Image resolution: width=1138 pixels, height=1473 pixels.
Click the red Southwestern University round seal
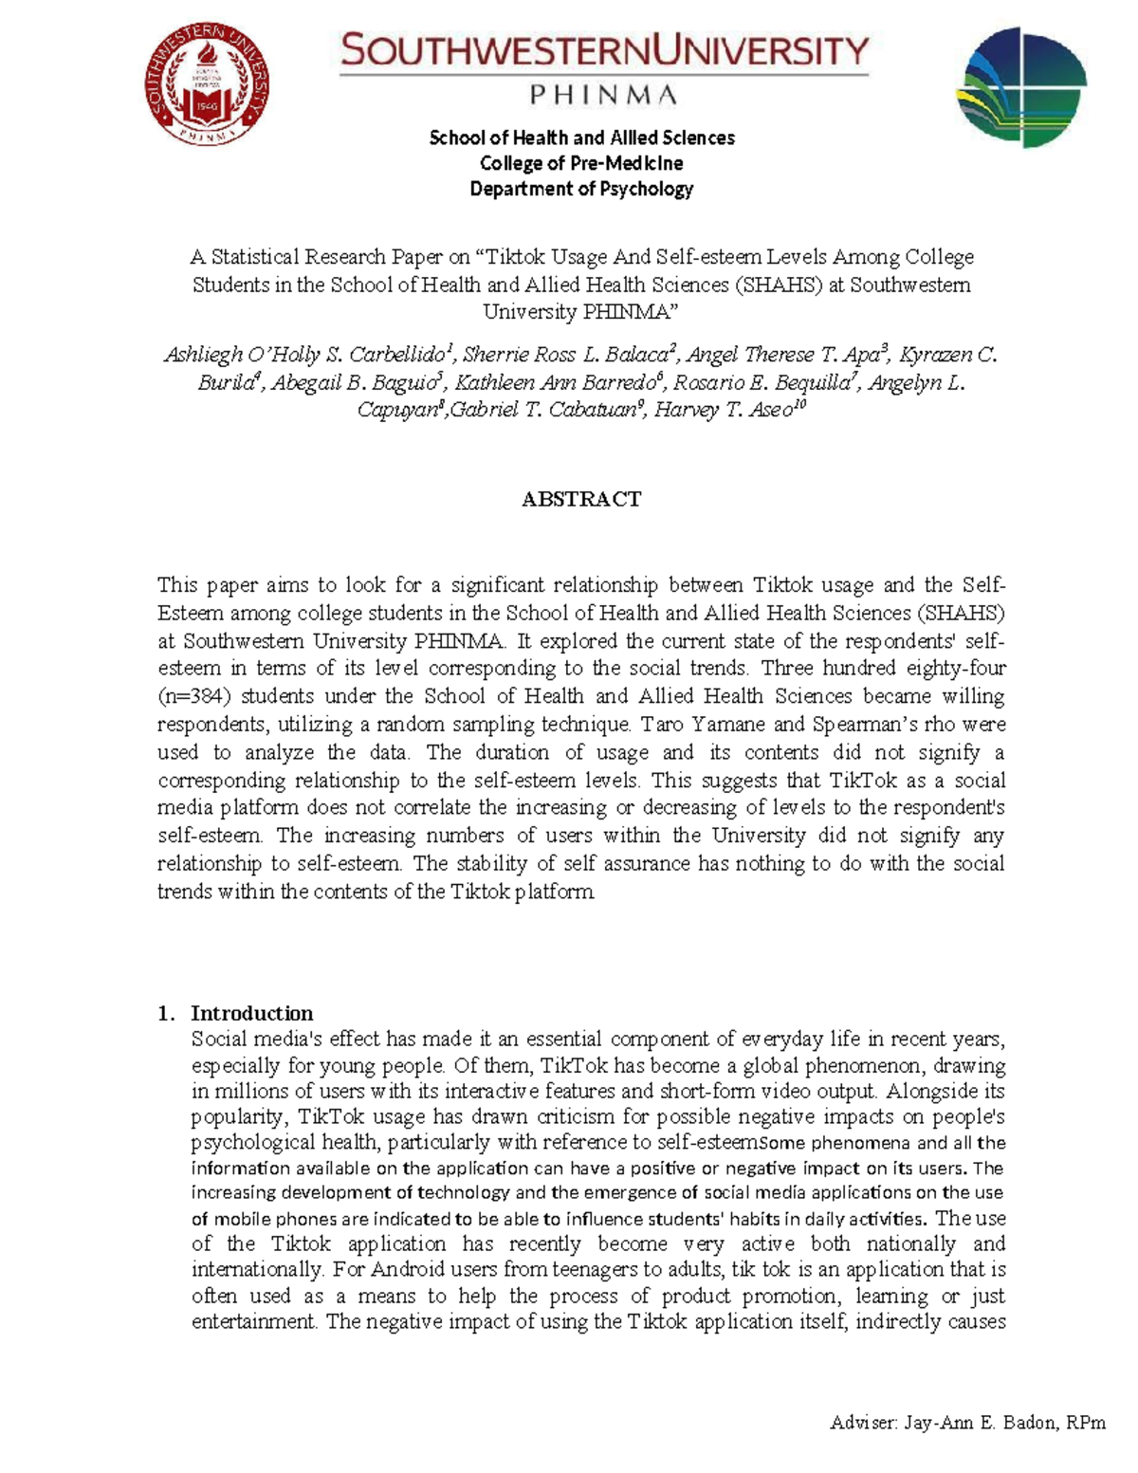207,84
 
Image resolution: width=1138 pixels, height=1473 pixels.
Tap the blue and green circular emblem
1021,86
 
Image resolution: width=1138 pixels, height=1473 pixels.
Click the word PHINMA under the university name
603,95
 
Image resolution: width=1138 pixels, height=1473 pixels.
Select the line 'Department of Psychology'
581,189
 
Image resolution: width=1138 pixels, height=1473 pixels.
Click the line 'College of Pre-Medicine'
581,163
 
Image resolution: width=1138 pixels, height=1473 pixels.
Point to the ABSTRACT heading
581,499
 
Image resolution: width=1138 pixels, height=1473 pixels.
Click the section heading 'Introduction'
251,1013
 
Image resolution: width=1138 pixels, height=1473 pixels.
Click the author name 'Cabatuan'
589,411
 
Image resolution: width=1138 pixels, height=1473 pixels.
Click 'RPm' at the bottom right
1086,1423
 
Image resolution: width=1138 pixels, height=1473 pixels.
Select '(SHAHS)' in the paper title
778,285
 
